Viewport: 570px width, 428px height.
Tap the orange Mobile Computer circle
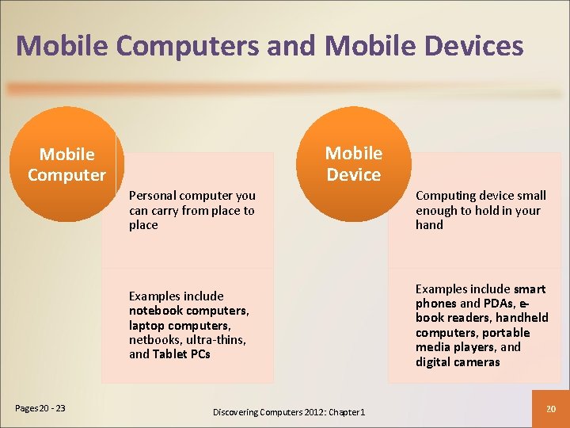(x=66, y=164)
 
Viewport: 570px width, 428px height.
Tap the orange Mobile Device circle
(x=353, y=163)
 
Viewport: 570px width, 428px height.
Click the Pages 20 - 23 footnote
(x=40, y=408)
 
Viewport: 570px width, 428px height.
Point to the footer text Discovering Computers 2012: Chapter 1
(x=289, y=412)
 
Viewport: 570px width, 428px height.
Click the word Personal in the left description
(x=153, y=195)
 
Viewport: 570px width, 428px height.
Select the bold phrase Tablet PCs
(x=181, y=354)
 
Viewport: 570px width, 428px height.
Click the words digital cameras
(x=458, y=362)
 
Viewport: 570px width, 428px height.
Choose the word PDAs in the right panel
(x=497, y=304)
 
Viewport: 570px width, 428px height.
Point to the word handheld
(x=522, y=318)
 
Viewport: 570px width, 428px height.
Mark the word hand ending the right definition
(x=429, y=225)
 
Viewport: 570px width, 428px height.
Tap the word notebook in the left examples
(x=156, y=311)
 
